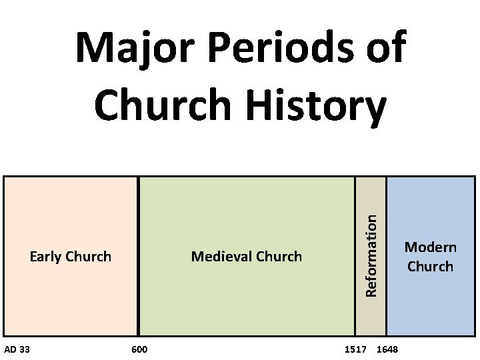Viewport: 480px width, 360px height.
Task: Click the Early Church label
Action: [x=71, y=256]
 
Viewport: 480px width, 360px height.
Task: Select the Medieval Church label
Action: [x=246, y=256]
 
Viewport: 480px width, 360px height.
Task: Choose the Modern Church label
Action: [x=430, y=257]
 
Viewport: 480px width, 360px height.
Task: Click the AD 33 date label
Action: [x=17, y=349]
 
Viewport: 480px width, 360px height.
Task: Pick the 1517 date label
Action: [x=355, y=349]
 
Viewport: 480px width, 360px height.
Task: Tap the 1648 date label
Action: [x=387, y=349]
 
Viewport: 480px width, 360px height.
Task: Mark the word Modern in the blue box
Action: [x=431, y=247]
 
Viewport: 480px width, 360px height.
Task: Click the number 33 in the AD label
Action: [x=24, y=349]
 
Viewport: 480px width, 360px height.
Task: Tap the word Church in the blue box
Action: [x=430, y=266]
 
